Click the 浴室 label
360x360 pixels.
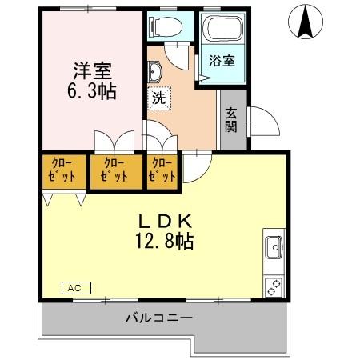(x=221, y=61)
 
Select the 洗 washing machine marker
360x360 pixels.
(x=158, y=100)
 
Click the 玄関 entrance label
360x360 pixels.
(x=230, y=120)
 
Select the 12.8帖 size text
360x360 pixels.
(x=166, y=239)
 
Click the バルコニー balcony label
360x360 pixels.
(x=158, y=318)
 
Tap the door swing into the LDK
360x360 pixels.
(x=195, y=164)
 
